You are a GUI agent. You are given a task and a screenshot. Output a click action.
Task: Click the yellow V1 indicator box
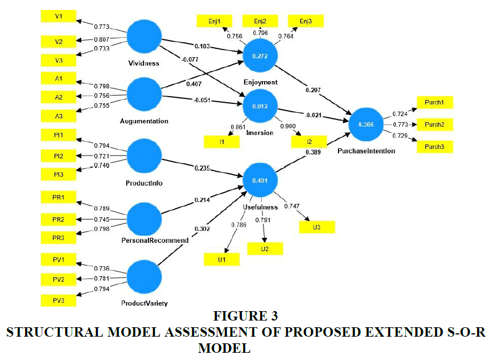point(58,16)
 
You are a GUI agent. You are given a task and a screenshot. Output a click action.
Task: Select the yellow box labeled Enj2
point(260,21)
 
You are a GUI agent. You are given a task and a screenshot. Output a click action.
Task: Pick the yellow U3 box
point(317,227)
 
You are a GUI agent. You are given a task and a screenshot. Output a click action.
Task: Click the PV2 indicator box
point(58,279)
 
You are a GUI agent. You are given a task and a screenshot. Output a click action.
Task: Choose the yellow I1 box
point(222,142)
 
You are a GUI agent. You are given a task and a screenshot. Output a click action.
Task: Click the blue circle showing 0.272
point(260,57)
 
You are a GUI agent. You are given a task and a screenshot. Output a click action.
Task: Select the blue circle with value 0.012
point(260,106)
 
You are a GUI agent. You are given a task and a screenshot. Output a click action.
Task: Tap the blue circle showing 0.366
point(365,125)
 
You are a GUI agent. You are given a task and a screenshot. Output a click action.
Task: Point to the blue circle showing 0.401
point(260,180)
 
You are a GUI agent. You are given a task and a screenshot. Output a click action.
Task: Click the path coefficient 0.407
point(192,84)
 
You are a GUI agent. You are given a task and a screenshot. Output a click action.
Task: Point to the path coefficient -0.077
point(190,58)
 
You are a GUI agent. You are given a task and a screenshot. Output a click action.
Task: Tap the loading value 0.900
point(288,126)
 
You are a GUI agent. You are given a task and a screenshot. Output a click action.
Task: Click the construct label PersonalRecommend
point(155,241)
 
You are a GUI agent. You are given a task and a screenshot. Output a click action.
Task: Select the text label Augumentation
point(144,121)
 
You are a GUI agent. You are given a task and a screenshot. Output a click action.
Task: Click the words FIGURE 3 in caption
point(245,316)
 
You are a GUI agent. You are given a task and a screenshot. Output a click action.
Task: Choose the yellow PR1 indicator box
point(58,198)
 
